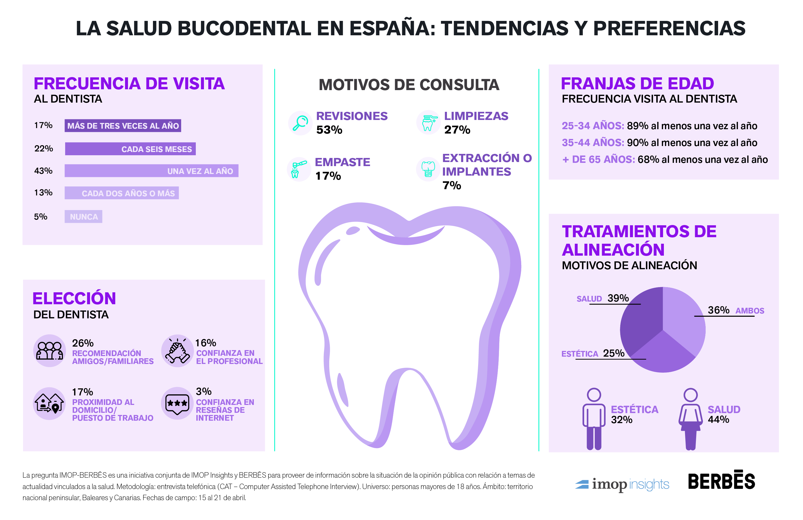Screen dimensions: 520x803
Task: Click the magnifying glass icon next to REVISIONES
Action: click(x=300, y=123)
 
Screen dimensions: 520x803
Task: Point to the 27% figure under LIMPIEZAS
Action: click(x=457, y=130)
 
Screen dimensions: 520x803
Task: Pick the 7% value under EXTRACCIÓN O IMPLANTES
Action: click(x=452, y=185)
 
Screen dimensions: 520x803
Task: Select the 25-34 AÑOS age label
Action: click(x=593, y=126)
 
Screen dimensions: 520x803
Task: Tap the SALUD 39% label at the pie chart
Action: click(x=603, y=299)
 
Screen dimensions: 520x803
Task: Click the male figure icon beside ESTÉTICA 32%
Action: click(x=594, y=419)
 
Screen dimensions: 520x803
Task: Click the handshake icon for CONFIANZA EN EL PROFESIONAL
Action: click(x=177, y=351)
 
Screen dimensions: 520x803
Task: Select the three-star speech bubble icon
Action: click(x=177, y=404)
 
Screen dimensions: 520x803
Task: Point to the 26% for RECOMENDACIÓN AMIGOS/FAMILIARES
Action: click(x=83, y=343)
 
